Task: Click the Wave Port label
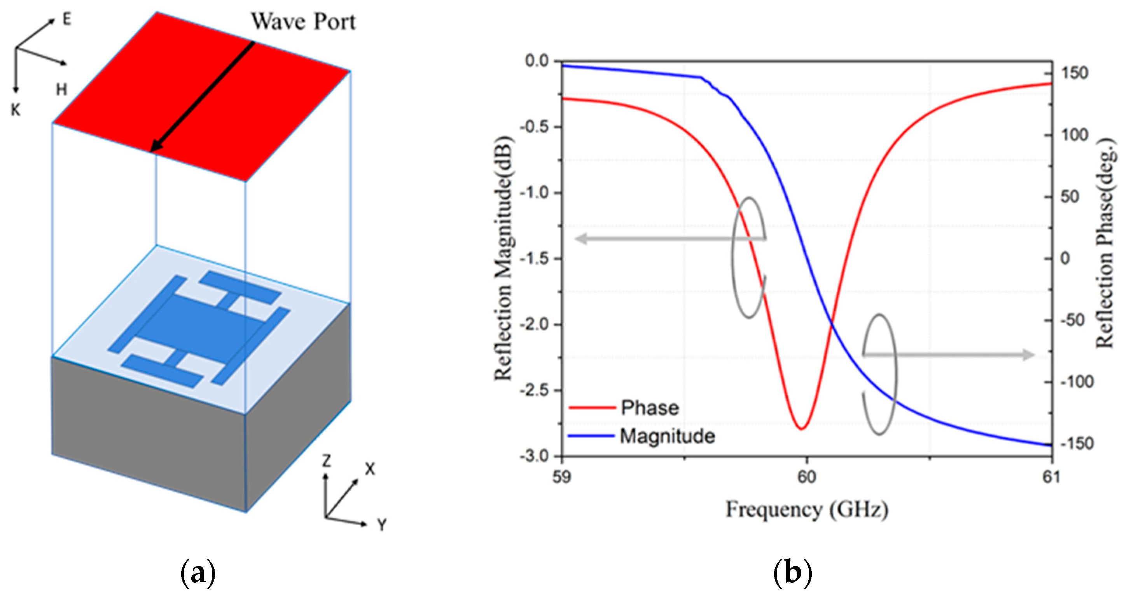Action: coord(303,21)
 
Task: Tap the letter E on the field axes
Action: coord(67,19)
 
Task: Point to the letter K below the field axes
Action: coord(16,110)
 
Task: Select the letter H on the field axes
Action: coord(61,89)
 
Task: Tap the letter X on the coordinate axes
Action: coord(370,470)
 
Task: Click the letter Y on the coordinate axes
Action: coord(382,525)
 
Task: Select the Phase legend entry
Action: coord(649,408)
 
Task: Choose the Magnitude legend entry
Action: coord(667,436)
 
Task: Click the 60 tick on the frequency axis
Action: coord(806,477)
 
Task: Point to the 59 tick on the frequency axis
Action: coord(561,477)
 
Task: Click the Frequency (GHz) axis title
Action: coord(806,510)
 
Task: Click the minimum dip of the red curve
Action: coord(802,428)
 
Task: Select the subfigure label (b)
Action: coord(792,573)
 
